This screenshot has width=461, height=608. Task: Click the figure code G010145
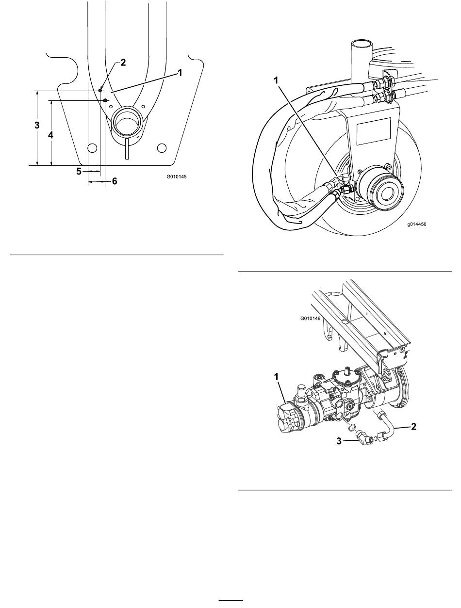pyautogui.click(x=176, y=176)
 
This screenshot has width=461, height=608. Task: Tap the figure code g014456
pyautogui.click(x=417, y=224)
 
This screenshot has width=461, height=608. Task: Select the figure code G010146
pyautogui.click(x=310, y=318)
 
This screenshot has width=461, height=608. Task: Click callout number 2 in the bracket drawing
pyautogui.click(x=123, y=63)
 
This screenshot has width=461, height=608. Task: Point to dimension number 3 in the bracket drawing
pyautogui.click(x=37, y=125)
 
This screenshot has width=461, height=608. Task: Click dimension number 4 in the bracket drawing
pyautogui.click(x=51, y=135)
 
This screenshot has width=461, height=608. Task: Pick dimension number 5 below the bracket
pyautogui.click(x=79, y=172)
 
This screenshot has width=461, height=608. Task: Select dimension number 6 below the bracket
pyautogui.click(x=115, y=181)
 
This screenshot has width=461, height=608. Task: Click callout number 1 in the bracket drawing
pyautogui.click(x=180, y=73)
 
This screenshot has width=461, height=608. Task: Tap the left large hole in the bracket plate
pyautogui.click(x=92, y=148)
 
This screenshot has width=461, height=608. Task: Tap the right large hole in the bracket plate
pyautogui.click(x=162, y=148)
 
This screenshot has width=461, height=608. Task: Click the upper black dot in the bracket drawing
pyautogui.click(x=100, y=90)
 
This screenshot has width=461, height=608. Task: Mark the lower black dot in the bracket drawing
pyautogui.click(x=105, y=100)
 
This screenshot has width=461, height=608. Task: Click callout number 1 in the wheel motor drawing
pyautogui.click(x=276, y=80)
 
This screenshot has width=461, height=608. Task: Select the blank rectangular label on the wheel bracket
pyautogui.click(x=373, y=131)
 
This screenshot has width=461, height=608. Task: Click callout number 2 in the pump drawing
pyautogui.click(x=413, y=426)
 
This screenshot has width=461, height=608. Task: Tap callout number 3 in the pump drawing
pyautogui.click(x=339, y=441)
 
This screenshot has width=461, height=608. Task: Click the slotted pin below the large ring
pyautogui.click(x=127, y=149)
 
